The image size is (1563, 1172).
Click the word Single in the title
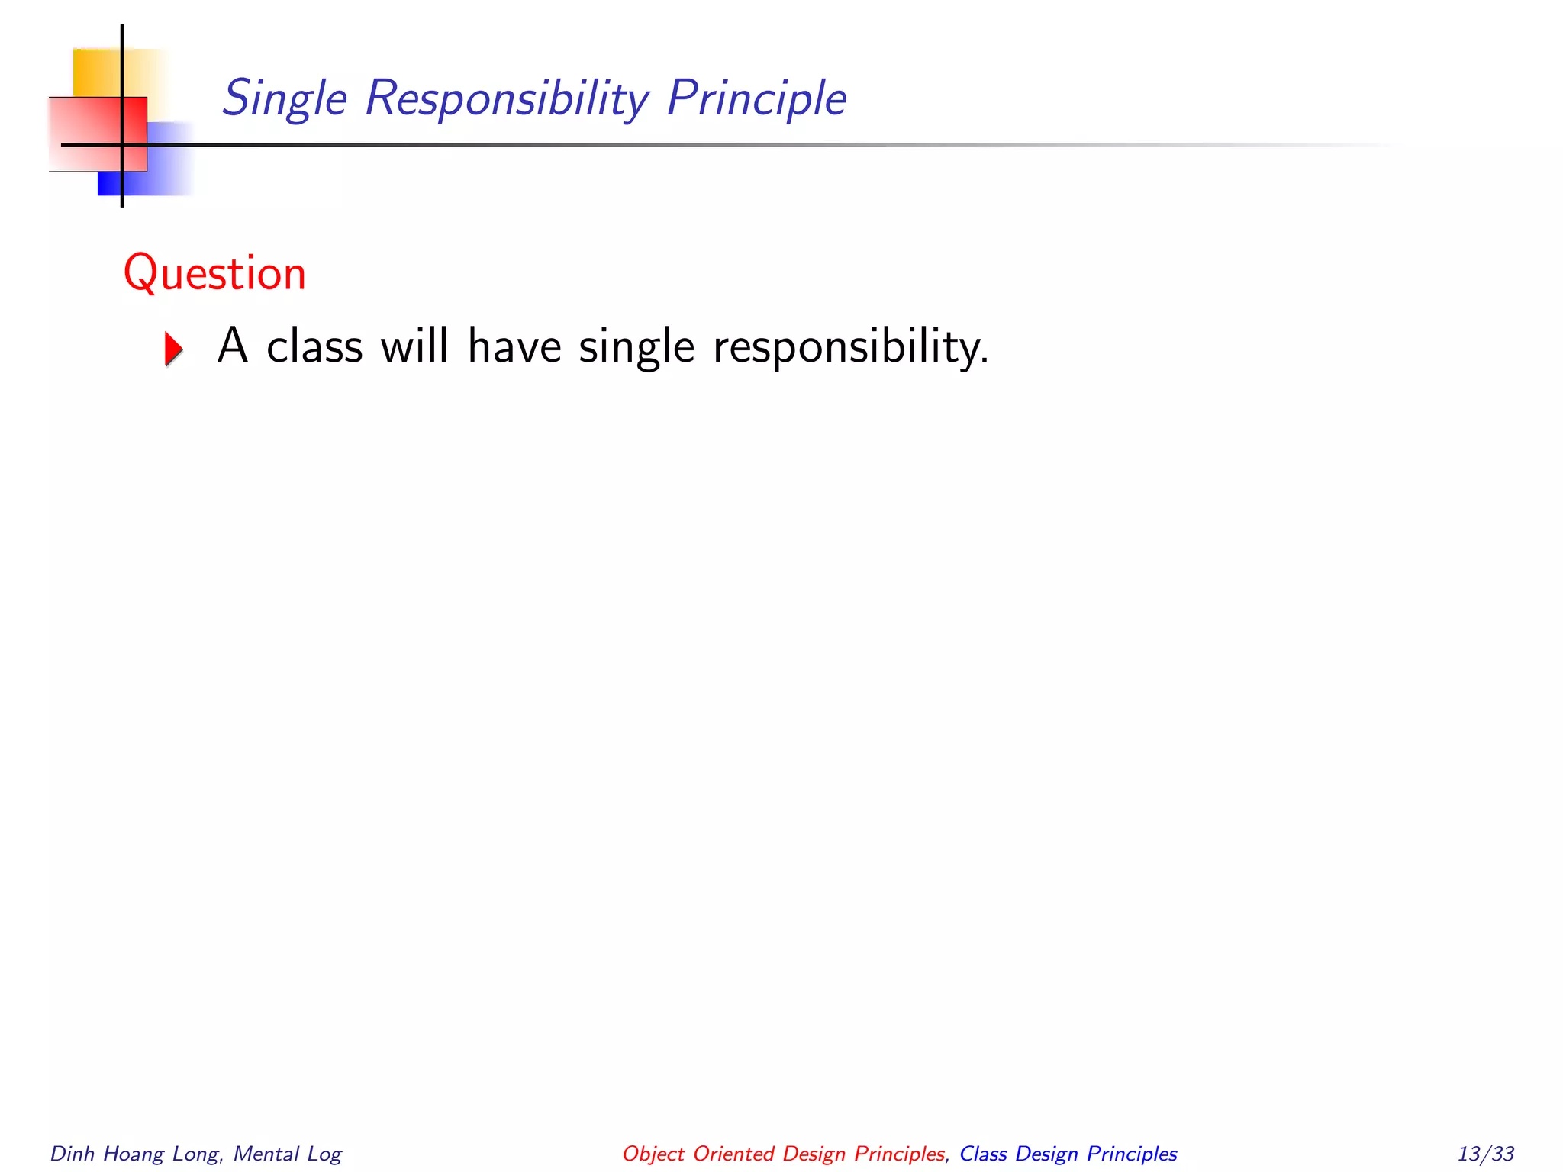tap(285, 99)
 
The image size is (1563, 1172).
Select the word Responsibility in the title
tap(507, 99)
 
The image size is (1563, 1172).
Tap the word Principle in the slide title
tap(756, 99)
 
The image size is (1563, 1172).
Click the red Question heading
tap(214, 273)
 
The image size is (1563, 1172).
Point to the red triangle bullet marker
tap(174, 349)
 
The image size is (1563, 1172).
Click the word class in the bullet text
tap(314, 346)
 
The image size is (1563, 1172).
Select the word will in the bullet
tap(414, 346)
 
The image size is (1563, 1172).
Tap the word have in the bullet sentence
tap(514, 346)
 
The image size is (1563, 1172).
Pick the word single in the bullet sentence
tap(636, 348)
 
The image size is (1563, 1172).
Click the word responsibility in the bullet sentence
tap(850, 348)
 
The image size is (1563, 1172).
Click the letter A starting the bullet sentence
tap(233, 346)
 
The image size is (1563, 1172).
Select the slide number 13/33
tap(1485, 1154)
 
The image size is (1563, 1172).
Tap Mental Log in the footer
tap(287, 1154)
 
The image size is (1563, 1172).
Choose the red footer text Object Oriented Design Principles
tap(784, 1154)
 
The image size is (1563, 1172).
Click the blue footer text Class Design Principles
tap(1068, 1154)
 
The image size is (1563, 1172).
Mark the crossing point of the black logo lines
tap(122, 144)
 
